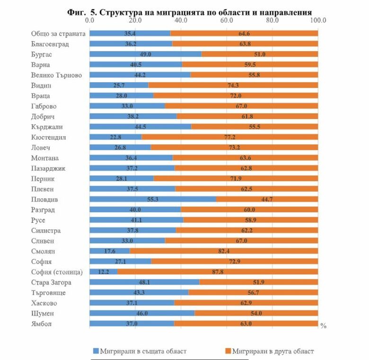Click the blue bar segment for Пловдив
tap(152, 200)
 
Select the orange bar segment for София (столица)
tap(218, 272)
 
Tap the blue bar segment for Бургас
tap(145, 54)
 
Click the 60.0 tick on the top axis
tap(226, 21)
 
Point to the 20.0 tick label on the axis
tap(135, 21)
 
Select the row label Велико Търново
tap(57, 75)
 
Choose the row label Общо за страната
tap(58, 34)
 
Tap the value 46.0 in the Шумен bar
tap(142, 313)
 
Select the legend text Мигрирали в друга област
tap(273, 351)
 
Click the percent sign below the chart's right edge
tap(323, 326)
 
